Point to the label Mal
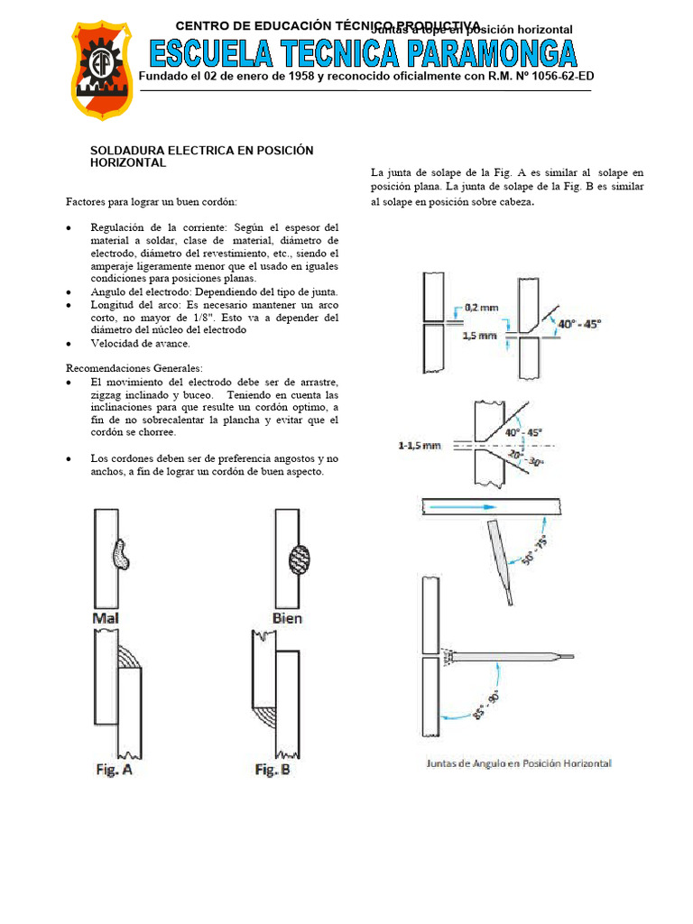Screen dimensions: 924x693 point(106,619)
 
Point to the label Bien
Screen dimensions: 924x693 point(287,619)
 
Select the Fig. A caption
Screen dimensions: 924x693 point(115,770)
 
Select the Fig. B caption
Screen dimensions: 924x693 point(273,770)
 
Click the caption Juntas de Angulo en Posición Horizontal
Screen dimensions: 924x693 point(518,763)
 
